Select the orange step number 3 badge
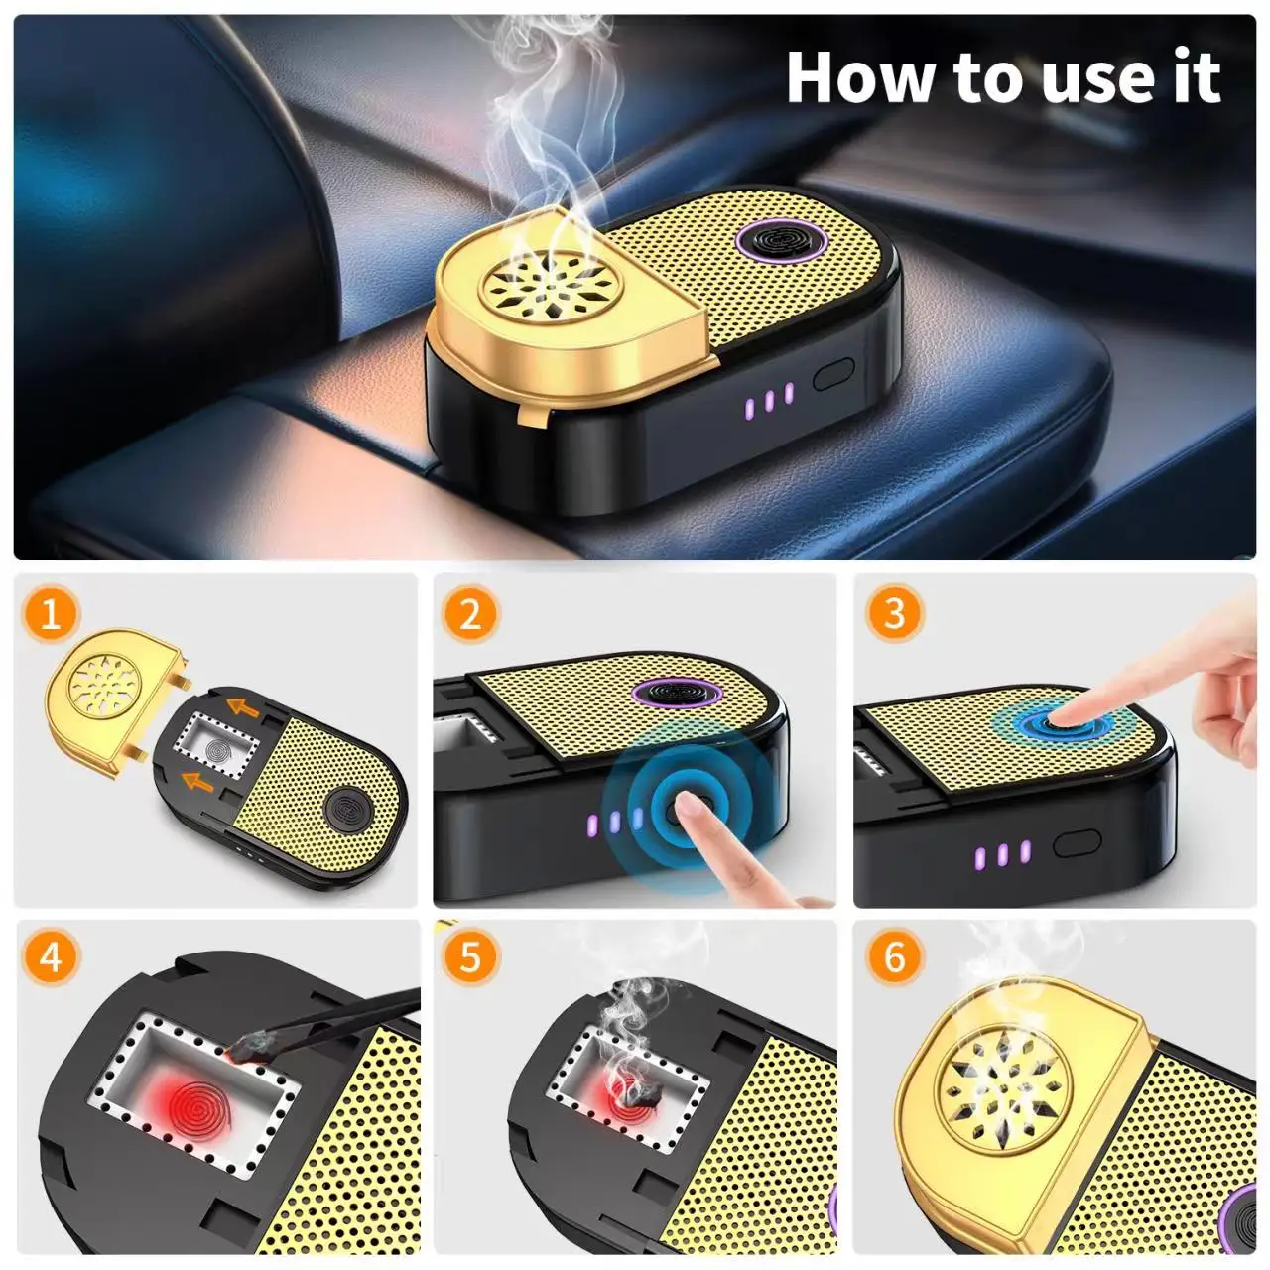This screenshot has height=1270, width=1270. (x=893, y=613)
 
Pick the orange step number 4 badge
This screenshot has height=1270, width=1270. (x=51, y=957)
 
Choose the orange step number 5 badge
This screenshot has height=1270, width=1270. (x=470, y=957)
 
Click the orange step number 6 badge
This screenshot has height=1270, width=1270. (x=893, y=957)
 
